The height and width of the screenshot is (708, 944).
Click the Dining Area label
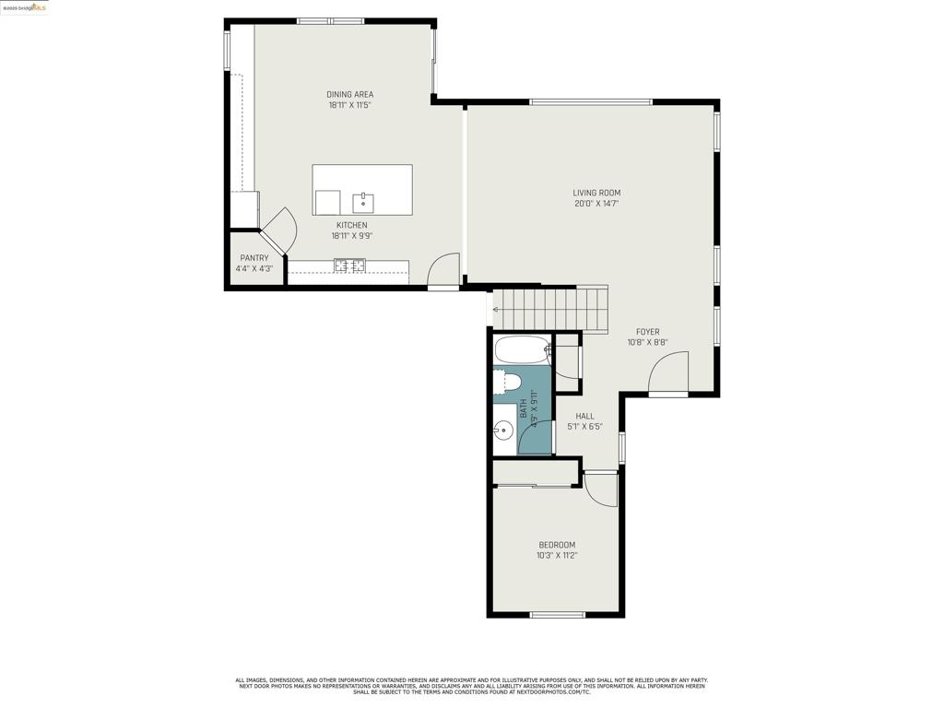(x=349, y=94)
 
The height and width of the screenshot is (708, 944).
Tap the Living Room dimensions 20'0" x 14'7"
(x=596, y=204)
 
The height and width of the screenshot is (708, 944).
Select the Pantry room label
(x=254, y=258)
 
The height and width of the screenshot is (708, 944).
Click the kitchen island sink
(x=363, y=203)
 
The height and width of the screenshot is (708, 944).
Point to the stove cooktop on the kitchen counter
(x=349, y=265)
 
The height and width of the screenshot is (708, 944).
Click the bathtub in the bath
(x=523, y=350)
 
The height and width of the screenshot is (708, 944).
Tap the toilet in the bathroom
(x=510, y=382)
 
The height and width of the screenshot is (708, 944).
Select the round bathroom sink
(x=503, y=430)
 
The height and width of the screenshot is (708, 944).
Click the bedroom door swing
(x=600, y=490)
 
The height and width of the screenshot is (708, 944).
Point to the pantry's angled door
(x=279, y=230)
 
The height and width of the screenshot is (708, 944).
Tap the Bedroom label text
(x=557, y=545)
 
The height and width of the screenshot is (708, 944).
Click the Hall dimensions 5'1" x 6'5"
(x=584, y=427)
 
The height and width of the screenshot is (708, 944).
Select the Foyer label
(x=647, y=332)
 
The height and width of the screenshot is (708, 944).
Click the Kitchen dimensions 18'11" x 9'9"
(x=351, y=236)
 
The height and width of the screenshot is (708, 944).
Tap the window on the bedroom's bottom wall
(x=558, y=615)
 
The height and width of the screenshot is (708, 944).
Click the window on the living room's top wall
(x=591, y=101)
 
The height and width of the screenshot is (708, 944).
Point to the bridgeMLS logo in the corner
(x=25, y=7)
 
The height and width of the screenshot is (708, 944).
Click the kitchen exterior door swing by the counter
(x=443, y=270)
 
